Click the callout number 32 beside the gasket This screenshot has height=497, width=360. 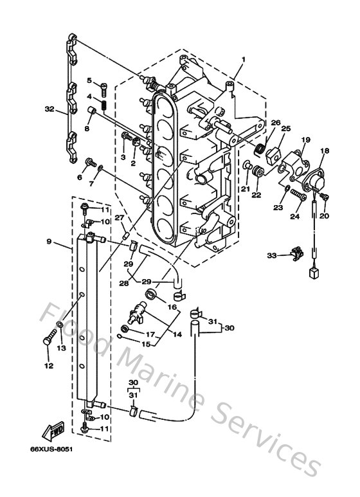tap(50, 109)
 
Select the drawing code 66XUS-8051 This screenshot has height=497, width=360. tap(51, 449)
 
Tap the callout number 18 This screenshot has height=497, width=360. tap(324, 151)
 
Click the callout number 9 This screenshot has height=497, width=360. tap(49, 242)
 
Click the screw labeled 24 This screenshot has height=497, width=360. tap(297, 193)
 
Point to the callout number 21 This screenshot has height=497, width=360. tap(245, 188)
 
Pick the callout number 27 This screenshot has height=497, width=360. tap(120, 218)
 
